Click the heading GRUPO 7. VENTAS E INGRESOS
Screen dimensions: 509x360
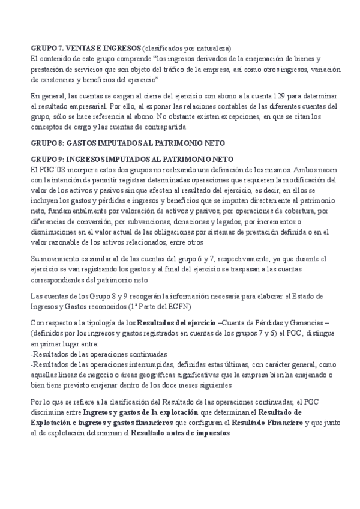(85, 48)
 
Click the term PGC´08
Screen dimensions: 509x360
(50, 169)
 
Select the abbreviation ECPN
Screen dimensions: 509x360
(177, 306)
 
